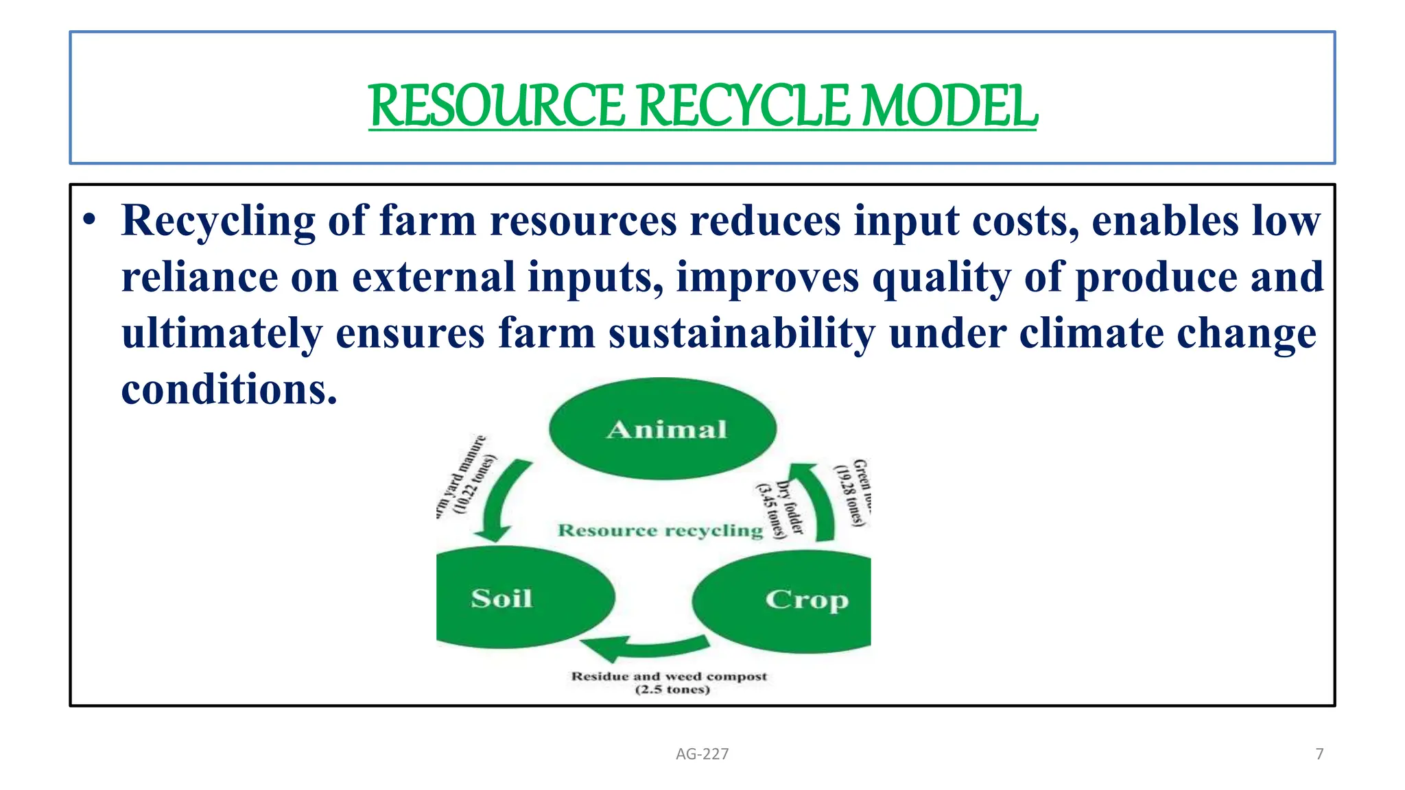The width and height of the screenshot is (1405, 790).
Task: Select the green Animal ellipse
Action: pos(663,429)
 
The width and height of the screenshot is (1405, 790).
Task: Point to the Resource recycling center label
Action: pos(660,530)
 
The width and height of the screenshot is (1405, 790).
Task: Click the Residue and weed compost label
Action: pos(669,676)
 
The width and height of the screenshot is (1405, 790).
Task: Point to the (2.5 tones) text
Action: pos(672,690)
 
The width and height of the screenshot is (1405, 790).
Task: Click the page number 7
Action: pos(1319,754)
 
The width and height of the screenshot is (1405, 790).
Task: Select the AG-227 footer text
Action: pos(702,754)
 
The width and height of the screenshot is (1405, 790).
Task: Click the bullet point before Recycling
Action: pos(88,221)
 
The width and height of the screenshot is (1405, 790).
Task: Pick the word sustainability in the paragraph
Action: pos(742,333)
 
